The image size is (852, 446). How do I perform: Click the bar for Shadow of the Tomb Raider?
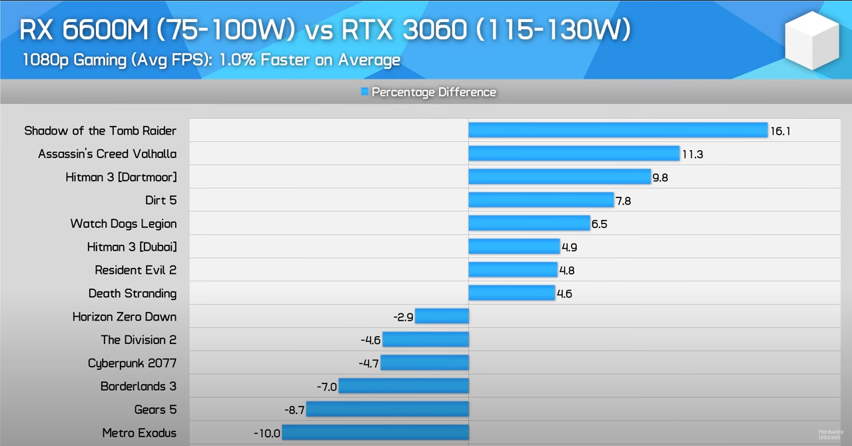point(618,130)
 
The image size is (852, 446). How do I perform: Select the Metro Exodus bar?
point(376,433)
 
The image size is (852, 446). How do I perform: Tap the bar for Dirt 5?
point(541,200)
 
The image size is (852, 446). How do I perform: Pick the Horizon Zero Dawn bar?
point(442,316)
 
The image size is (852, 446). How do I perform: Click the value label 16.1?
point(780,131)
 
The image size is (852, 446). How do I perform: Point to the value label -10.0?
point(266,433)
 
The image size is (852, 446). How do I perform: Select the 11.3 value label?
point(692,155)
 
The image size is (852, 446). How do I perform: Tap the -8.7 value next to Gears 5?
point(294,410)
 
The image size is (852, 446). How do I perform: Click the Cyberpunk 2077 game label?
point(132,363)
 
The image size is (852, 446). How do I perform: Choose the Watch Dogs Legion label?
point(123,223)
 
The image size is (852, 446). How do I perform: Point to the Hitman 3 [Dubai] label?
point(132,247)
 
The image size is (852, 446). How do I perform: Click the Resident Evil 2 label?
point(135,270)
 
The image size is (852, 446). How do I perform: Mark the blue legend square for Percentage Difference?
point(364,91)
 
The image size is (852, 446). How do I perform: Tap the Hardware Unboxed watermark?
point(831,434)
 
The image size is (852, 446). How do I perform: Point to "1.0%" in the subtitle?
point(238,60)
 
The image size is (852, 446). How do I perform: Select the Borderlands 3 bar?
point(404,386)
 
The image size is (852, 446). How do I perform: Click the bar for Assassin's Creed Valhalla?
point(574,153)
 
